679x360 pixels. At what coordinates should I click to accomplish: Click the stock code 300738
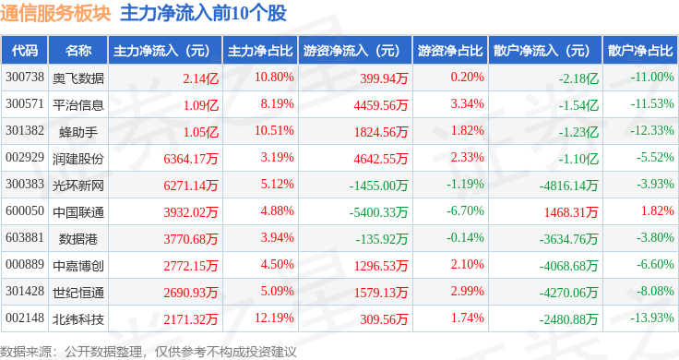25,78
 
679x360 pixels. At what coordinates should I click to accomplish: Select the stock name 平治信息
78,105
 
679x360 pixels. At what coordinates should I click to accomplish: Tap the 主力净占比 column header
260,51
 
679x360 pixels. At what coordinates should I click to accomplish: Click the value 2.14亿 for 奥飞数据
200,78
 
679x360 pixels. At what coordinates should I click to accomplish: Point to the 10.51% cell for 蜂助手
274,130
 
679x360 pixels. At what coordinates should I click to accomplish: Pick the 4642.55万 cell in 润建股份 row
381,159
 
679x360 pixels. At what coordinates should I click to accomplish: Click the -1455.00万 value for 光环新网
378,186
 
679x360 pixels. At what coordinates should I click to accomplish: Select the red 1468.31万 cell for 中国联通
571,212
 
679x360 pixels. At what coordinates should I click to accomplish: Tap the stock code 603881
25,237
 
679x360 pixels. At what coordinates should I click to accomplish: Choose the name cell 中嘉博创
78,266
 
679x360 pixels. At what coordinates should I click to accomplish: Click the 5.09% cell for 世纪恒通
277,291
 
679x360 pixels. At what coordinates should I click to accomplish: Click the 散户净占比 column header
640,51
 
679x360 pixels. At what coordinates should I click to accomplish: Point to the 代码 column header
25,51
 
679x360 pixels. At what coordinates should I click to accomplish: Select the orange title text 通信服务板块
55,13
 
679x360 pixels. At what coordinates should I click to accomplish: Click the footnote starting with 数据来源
149,352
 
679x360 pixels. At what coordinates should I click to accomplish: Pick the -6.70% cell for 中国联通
465,211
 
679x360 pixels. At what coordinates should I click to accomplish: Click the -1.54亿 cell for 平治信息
578,105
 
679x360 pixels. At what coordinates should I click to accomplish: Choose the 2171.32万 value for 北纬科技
191,319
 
